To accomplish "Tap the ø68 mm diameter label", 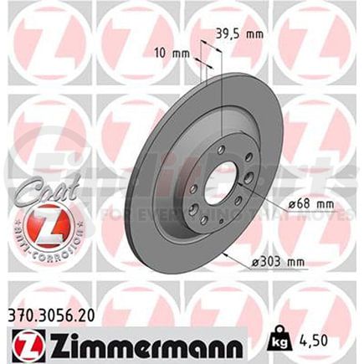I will point(293,203).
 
